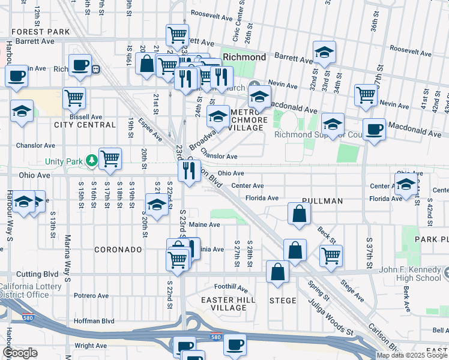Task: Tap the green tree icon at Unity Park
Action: click(x=91, y=160)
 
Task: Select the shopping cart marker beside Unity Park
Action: click(x=110, y=159)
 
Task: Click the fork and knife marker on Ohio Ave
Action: click(x=190, y=171)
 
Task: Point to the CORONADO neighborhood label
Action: click(x=118, y=249)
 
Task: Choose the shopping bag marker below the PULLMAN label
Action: click(x=299, y=214)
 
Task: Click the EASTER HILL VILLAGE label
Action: click(x=228, y=304)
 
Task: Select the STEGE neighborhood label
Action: click(x=283, y=301)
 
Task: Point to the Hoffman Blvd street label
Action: click(x=94, y=321)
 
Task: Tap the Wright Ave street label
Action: click(x=91, y=346)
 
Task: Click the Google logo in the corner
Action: click(x=20, y=353)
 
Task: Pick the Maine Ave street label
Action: click(x=204, y=224)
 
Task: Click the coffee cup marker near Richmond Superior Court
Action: click(x=375, y=129)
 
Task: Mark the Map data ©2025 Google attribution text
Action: click(x=412, y=355)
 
